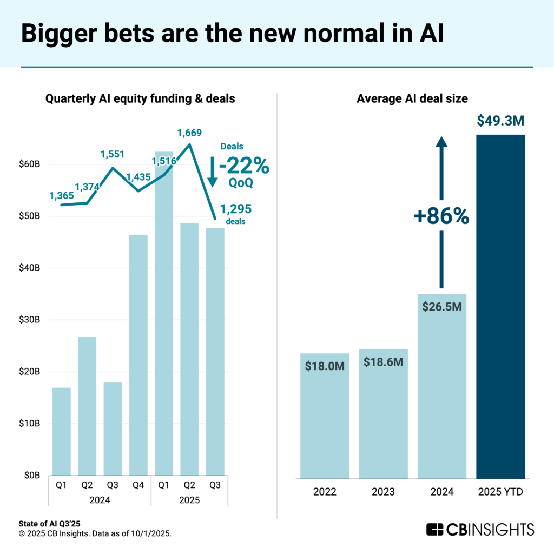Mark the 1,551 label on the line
pos(113,154)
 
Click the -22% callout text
pos(243,166)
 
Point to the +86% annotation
pos(441,216)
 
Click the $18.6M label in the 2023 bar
pos(383,362)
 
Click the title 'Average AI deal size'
pos(412,99)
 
